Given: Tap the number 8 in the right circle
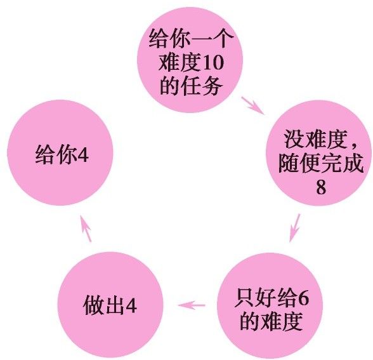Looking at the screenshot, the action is click(321, 187).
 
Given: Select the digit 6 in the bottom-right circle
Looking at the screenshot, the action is click(303, 297).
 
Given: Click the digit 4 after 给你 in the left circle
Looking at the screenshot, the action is click(82, 154).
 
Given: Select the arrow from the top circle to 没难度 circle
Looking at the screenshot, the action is click(253, 105).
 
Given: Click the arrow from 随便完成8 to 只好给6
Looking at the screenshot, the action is click(295, 228).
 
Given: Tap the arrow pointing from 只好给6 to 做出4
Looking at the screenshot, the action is click(192, 305).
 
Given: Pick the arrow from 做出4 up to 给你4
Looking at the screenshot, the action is click(86, 229).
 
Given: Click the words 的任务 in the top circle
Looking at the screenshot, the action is click(191, 86).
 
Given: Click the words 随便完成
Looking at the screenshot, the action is click(321, 163).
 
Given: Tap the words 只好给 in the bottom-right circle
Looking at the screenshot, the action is click(265, 298).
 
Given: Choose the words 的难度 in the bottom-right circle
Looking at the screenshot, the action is click(272, 321).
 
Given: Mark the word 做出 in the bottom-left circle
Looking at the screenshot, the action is click(104, 305).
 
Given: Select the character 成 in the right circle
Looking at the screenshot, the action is click(354, 163).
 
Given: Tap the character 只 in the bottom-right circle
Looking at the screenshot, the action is click(244, 298).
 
